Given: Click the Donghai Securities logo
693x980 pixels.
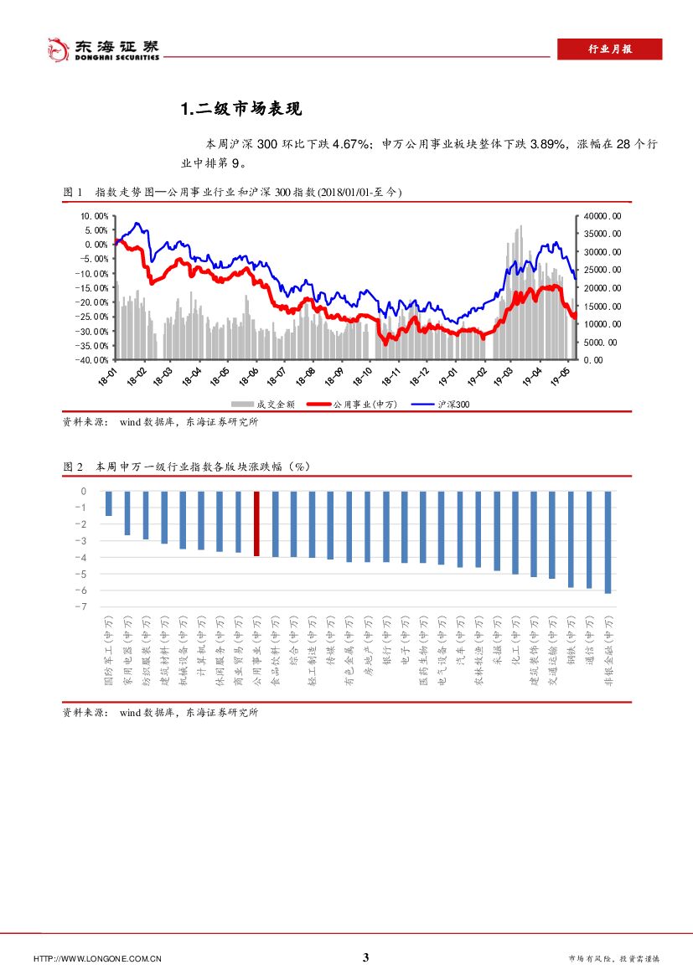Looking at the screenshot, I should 101,49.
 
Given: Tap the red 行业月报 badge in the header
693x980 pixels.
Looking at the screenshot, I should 609,49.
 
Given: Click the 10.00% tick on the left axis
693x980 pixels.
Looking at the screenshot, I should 94,215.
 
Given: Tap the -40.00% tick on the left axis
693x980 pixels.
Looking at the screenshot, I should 93,360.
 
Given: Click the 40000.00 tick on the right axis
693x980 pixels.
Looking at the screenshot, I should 602,215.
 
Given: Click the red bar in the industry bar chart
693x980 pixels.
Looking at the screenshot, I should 256,524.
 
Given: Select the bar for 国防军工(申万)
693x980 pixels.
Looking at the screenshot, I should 109,503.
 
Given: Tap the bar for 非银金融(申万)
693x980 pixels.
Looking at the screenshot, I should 608,542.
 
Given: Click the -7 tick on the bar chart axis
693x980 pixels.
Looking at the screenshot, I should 83,606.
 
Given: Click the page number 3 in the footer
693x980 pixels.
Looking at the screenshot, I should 365,958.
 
